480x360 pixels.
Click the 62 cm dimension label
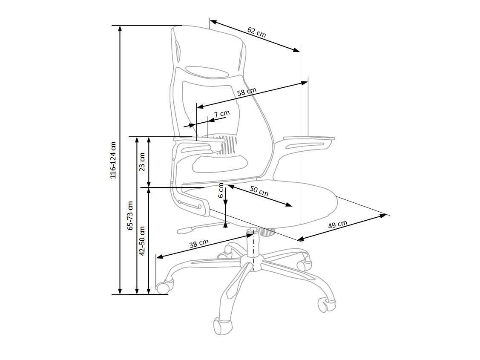(256, 32)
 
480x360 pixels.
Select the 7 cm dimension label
(222, 114)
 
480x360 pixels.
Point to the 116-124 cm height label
(113, 159)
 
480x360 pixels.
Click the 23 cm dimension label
(142, 161)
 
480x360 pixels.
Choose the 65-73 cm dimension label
(131, 216)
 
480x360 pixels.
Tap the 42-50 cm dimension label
(143, 240)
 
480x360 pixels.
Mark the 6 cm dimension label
(221, 190)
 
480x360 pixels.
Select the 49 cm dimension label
(338, 225)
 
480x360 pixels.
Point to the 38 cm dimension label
(199, 243)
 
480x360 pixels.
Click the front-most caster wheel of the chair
(222, 325)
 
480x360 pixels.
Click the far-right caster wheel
(327, 305)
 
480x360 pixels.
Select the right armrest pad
(309, 138)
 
